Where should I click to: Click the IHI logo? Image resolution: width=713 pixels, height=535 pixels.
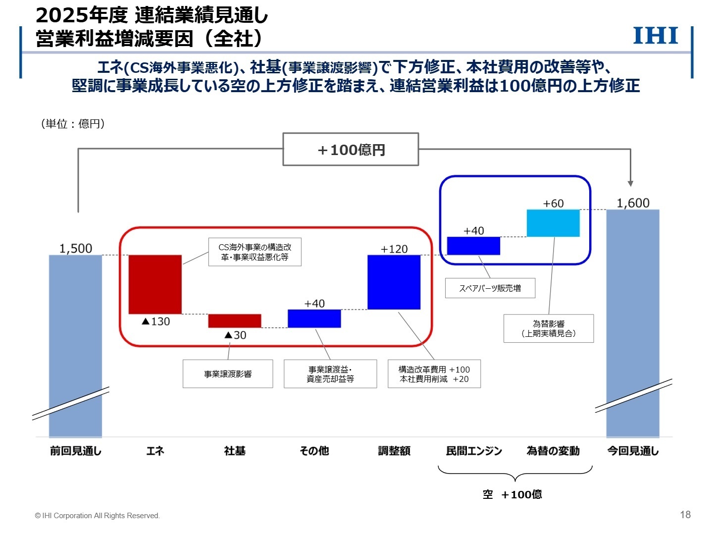[656, 36]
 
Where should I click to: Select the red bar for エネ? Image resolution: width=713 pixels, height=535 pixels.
[155, 284]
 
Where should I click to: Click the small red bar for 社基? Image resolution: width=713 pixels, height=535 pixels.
[235, 321]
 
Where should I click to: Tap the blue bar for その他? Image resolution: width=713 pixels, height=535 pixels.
[314, 319]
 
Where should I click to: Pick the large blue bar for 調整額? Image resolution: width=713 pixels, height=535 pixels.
[394, 282]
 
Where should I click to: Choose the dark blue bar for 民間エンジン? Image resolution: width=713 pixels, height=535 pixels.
[473, 246]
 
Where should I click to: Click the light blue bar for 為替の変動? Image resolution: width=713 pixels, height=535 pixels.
[553, 223]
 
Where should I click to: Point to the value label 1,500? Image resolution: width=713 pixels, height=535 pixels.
[76, 248]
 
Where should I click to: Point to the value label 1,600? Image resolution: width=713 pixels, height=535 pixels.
[633, 203]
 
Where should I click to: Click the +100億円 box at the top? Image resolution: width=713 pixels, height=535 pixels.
[351, 149]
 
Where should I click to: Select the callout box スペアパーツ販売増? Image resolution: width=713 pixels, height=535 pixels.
[490, 288]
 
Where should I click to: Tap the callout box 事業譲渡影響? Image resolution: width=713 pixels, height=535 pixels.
[228, 374]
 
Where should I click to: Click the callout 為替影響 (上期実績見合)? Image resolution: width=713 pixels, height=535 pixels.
[549, 328]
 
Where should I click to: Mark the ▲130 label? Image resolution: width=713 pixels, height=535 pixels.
[155, 321]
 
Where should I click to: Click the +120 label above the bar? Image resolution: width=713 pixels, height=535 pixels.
[394, 249]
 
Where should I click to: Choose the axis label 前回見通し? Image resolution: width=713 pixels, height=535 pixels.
[76, 451]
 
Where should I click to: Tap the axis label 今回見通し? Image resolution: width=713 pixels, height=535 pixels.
[633, 451]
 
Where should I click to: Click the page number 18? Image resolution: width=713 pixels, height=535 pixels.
[685, 514]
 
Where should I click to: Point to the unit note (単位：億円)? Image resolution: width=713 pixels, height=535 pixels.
[73, 124]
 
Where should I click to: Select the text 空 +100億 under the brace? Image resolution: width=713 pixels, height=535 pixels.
[512, 494]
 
